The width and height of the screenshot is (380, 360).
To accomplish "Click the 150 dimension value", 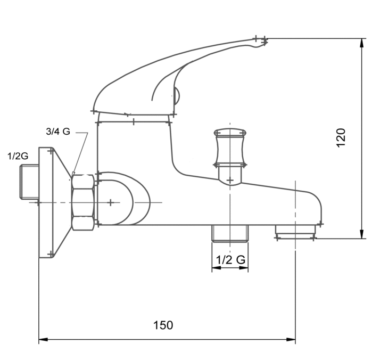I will [x=163, y=325].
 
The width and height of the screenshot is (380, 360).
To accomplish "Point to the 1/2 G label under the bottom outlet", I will [x=230, y=260].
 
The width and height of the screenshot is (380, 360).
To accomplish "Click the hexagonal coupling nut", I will [x=83, y=202].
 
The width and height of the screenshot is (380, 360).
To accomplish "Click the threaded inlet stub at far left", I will [x=29, y=182].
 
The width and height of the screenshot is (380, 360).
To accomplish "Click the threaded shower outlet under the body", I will [x=230, y=233].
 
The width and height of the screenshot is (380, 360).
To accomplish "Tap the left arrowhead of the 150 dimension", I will [x=43, y=339].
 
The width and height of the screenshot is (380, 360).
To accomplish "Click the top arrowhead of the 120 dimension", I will [x=362, y=43].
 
